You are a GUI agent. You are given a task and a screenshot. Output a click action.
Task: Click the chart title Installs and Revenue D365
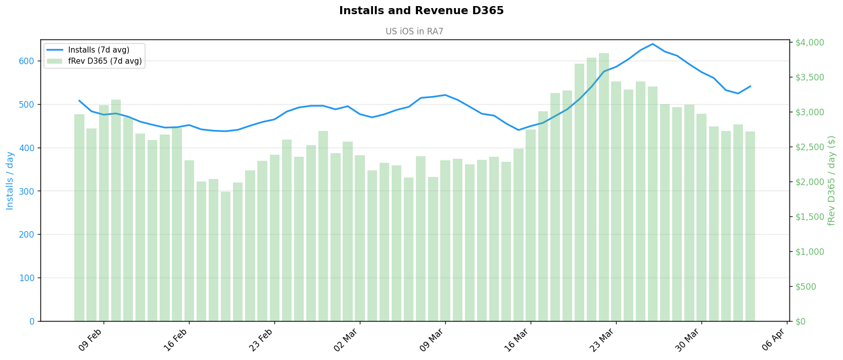pos(421,11)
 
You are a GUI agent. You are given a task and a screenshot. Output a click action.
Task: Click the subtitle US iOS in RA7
pos(414,31)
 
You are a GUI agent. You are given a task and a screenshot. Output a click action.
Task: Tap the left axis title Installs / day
pos(10,181)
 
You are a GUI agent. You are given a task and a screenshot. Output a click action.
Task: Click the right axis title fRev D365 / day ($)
pos(831,181)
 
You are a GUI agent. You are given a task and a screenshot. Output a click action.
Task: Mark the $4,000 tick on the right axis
pos(810,42)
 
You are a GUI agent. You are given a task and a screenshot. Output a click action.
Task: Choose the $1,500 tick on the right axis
pos(810,216)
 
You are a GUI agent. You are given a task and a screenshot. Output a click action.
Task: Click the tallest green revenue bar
pos(604,187)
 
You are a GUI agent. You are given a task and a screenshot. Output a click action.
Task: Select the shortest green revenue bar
pos(225,256)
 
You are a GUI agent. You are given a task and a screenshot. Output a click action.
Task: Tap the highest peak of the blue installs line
pos(652,44)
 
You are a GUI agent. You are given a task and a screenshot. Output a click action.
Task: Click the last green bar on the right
pos(750,226)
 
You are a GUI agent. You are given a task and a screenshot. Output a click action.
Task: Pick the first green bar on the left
pos(79,217)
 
